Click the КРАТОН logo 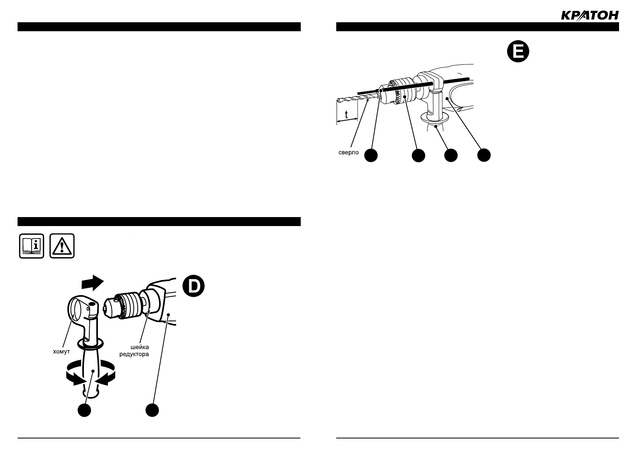click(589, 15)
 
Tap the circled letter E click(518, 52)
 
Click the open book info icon click(32, 246)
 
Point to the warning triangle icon click(62, 246)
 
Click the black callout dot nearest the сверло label click(371, 155)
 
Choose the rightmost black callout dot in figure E click(484, 155)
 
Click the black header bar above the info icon click(159, 221)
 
